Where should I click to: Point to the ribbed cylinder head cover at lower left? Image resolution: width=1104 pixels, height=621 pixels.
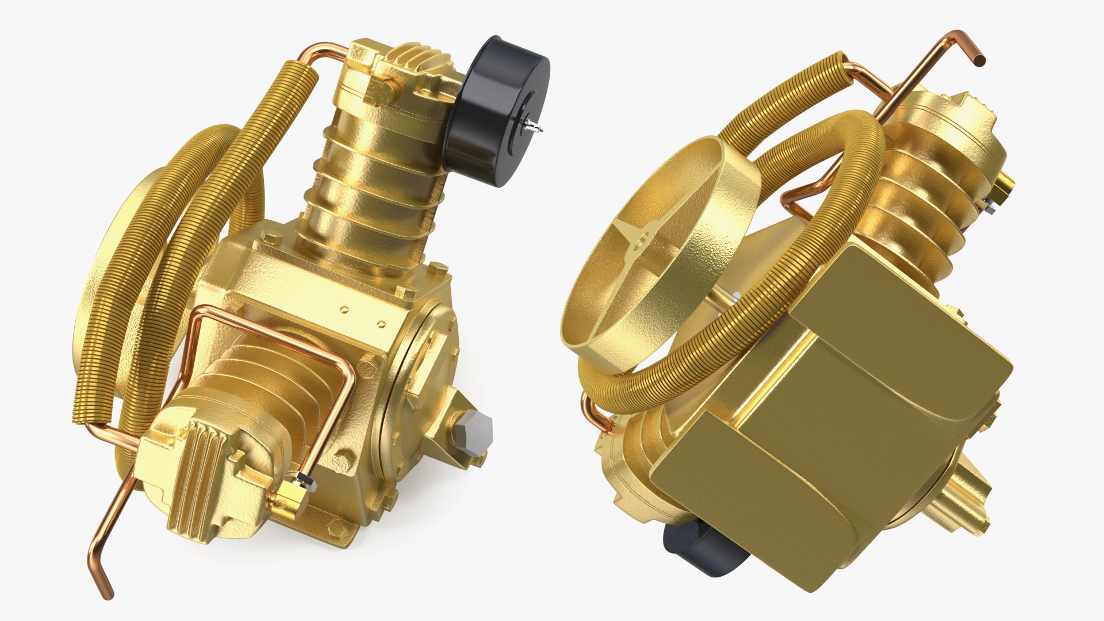click(190, 471)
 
